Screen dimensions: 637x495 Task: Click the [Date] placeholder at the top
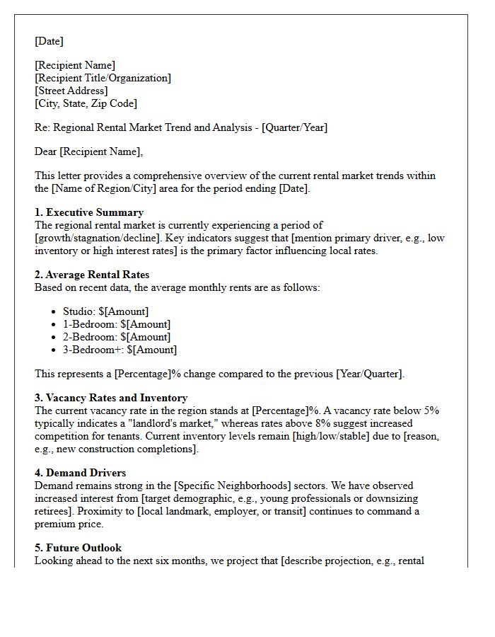coord(49,41)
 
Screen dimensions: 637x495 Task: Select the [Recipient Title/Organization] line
coord(103,78)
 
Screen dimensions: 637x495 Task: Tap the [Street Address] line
coord(71,91)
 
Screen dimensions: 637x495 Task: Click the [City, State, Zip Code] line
coord(86,103)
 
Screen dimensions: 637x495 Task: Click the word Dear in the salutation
coord(47,151)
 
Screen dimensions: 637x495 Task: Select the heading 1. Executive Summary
coord(89,212)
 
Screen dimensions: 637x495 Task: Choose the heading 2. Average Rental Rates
coord(92,275)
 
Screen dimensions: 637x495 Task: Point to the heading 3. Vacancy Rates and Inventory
coord(111,398)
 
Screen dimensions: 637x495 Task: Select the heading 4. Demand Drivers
coord(81,473)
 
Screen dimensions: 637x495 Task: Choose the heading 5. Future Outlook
coord(78,548)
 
